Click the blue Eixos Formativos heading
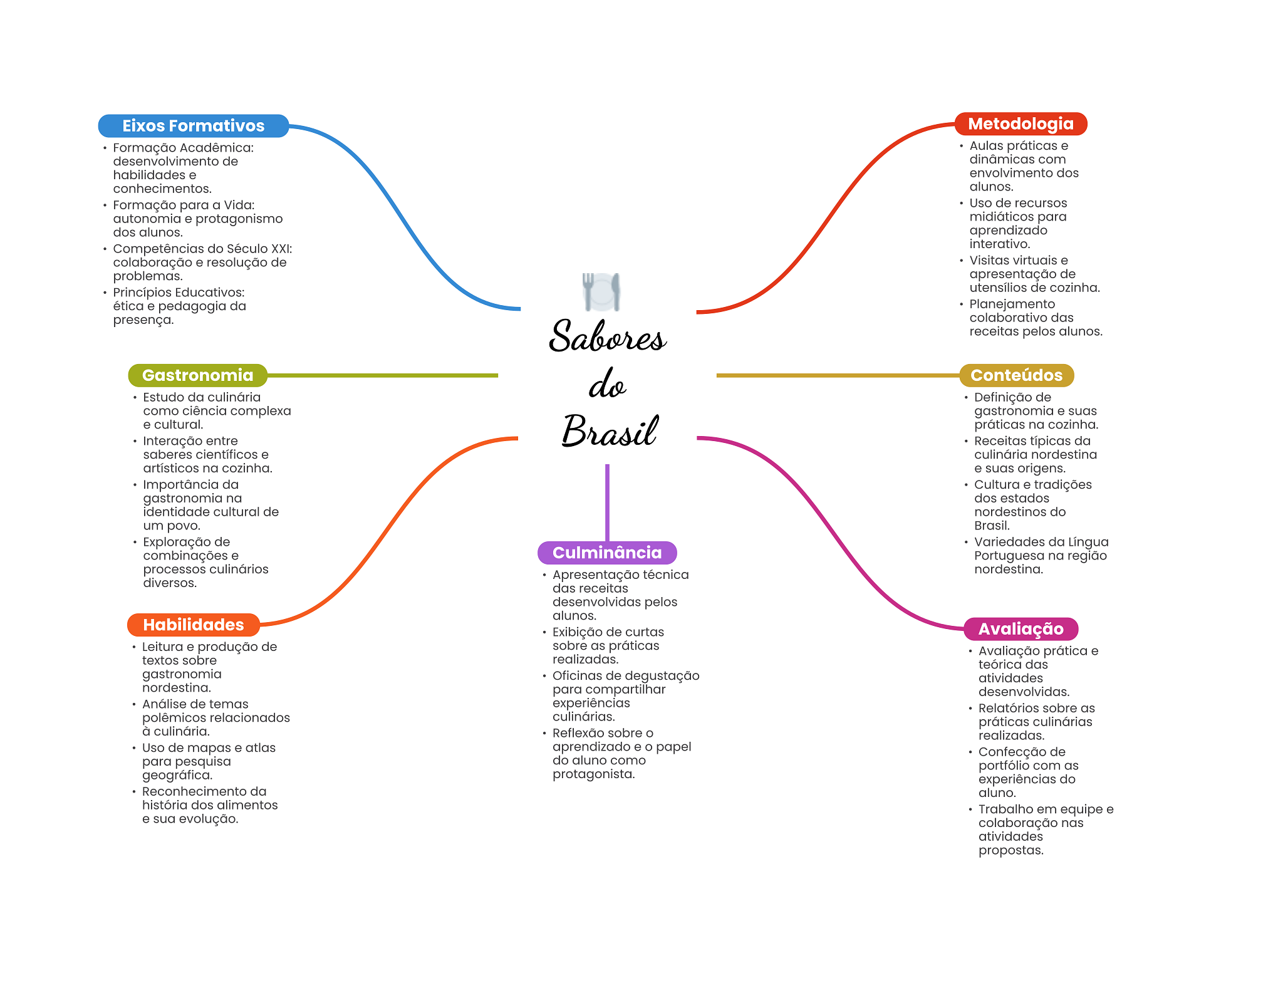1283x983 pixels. pos(193,126)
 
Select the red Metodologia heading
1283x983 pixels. pos(1021,124)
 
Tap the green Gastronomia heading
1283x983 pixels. pos(197,375)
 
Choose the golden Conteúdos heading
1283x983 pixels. pos(1016,375)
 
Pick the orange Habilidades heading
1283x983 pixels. pos(193,625)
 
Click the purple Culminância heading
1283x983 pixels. pos(606,553)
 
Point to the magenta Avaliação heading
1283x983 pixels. pos(1021,629)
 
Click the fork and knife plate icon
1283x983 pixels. pos(601,291)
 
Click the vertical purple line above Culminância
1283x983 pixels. pos(607,501)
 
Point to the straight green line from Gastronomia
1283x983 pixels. pos(382,375)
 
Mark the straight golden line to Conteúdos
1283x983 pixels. pos(836,375)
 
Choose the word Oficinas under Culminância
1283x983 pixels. pos(578,675)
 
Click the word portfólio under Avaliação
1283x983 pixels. pos(1005,766)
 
